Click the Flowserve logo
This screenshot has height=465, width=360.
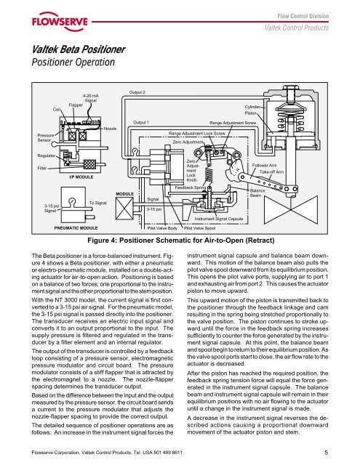click(x=60, y=21)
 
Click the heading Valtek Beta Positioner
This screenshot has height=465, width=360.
click(x=79, y=49)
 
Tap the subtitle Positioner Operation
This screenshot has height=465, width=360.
click(x=73, y=62)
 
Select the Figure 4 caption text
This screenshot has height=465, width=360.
click(x=181, y=240)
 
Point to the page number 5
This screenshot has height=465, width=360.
click(x=326, y=453)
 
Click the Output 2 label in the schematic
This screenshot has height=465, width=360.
click(x=137, y=92)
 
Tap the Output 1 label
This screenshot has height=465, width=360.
click(x=141, y=122)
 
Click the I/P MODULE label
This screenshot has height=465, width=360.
click(x=81, y=177)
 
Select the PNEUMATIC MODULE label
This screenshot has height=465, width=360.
click(x=76, y=227)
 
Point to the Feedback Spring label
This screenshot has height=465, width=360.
click(x=191, y=187)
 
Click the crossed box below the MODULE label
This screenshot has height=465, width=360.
click(x=124, y=209)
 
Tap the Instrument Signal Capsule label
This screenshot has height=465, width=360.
click(x=219, y=219)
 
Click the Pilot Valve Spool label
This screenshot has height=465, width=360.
click(x=199, y=228)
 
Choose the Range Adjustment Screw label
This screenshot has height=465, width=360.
click(x=233, y=123)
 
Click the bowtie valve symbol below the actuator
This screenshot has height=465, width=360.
click(x=291, y=209)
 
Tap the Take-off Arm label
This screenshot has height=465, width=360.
click(x=271, y=172)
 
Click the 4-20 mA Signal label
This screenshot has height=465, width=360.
click(x=91, y=98)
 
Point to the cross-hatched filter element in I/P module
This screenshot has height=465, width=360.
click(x=89, y=164)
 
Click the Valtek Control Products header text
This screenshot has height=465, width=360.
click(x=297, y=28)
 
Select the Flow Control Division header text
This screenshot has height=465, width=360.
click(x=303, y=16)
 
